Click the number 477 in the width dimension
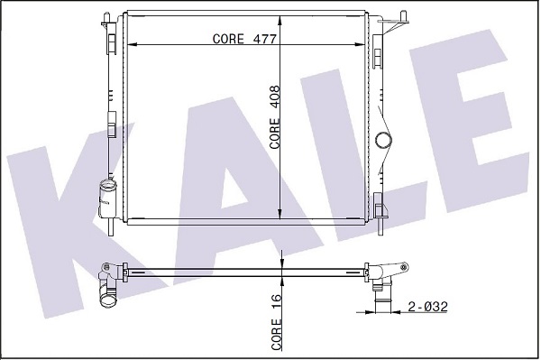click(265, 39)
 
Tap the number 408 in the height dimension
click(275, 98)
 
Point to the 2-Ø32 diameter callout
click(427, 307)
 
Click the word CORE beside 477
click(228, 39)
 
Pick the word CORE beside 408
click(275, 134)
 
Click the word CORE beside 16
click(277, 334)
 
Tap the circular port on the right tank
click(384, 141)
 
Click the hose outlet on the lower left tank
click(107, 198)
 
